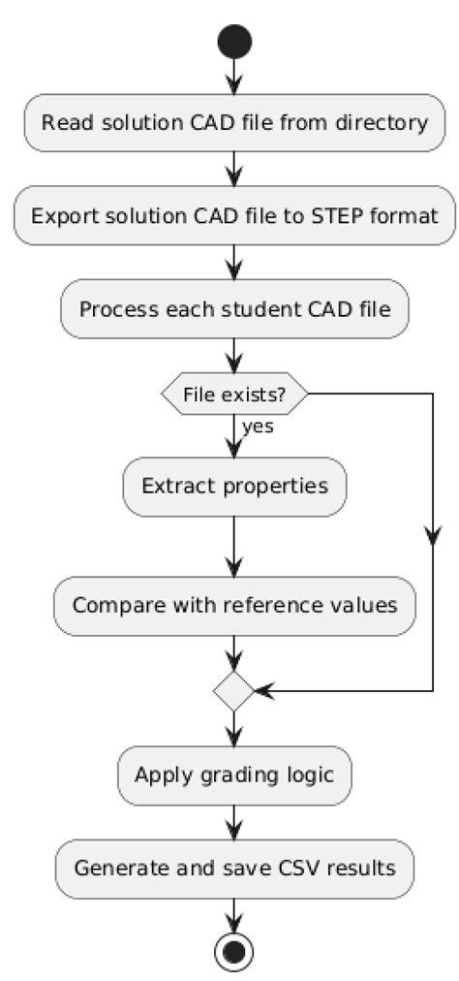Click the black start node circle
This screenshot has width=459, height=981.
(x=233, y=42)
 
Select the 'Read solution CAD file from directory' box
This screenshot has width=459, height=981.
(x=233, y=122)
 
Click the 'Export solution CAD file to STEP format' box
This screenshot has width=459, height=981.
(x=233, y=215)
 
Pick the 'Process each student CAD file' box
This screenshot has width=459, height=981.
(x=233, y=309)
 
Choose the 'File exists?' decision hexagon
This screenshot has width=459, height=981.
(x=233, y=394)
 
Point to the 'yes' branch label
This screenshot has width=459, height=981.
(x=259, y=427)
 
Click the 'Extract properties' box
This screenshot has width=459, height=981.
(x=233, y=486)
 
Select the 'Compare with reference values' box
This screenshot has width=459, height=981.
(x=233, y=606)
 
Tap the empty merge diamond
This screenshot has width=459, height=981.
(x=233, y=691)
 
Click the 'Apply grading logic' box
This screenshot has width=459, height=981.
(x=233, y=775)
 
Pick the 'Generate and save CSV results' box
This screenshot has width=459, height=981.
(x=233, y=868)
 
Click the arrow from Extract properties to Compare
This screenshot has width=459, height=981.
(x=233, y=547)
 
